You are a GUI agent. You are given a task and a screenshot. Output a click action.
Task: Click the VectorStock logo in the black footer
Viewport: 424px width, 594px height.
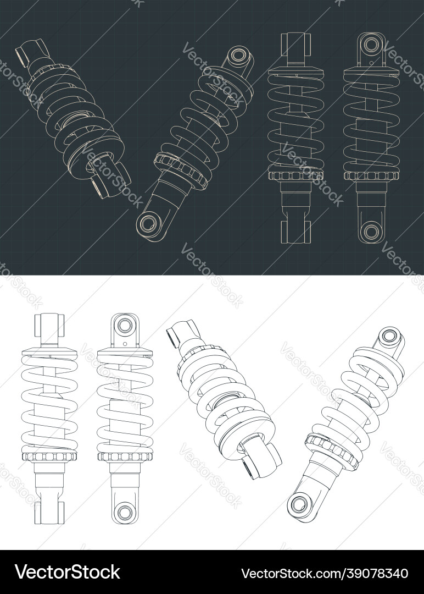[67, 572]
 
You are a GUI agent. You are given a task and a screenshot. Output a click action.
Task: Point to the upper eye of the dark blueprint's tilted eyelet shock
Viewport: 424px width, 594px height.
[239, 56]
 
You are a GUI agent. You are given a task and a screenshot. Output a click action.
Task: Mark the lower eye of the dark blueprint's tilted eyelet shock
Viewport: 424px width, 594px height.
[148, 223]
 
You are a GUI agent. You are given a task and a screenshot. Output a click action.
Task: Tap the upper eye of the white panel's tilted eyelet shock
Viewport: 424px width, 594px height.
[390, 335]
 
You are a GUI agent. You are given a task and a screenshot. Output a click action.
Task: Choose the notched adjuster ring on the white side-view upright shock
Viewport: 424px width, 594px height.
[49, 456]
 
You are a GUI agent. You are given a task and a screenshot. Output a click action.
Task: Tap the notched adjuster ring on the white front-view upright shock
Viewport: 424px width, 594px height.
[125, 456]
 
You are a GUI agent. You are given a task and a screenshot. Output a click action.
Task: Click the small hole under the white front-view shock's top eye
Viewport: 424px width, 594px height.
[125, 343]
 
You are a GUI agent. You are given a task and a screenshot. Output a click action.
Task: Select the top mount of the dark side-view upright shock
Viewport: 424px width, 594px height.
[295, 46]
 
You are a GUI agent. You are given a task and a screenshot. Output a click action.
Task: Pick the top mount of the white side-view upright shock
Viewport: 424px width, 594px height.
[49, 326]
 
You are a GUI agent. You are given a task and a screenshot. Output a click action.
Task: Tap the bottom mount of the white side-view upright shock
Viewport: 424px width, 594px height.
[49, 512]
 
